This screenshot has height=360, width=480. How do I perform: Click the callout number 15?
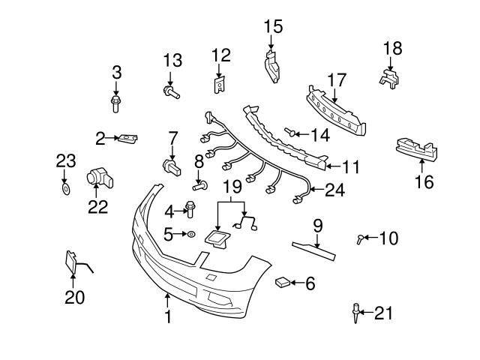[273, 27]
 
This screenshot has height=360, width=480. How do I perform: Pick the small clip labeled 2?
[129, 138]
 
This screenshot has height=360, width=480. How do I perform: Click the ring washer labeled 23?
[65, 190]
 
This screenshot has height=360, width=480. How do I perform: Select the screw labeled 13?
[169, 93]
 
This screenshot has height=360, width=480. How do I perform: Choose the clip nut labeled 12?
[219, 84]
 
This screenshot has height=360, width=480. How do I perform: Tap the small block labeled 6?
[282, 282]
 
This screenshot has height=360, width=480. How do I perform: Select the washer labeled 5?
[191, 235]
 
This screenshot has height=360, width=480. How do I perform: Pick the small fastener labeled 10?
[361, 239]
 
